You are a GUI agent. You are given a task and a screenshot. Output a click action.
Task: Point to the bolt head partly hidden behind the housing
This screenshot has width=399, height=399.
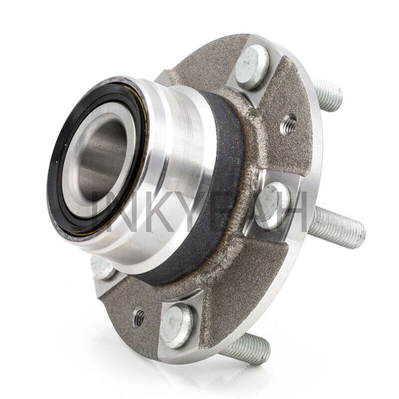pyautogui.click(x=102, y=266)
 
